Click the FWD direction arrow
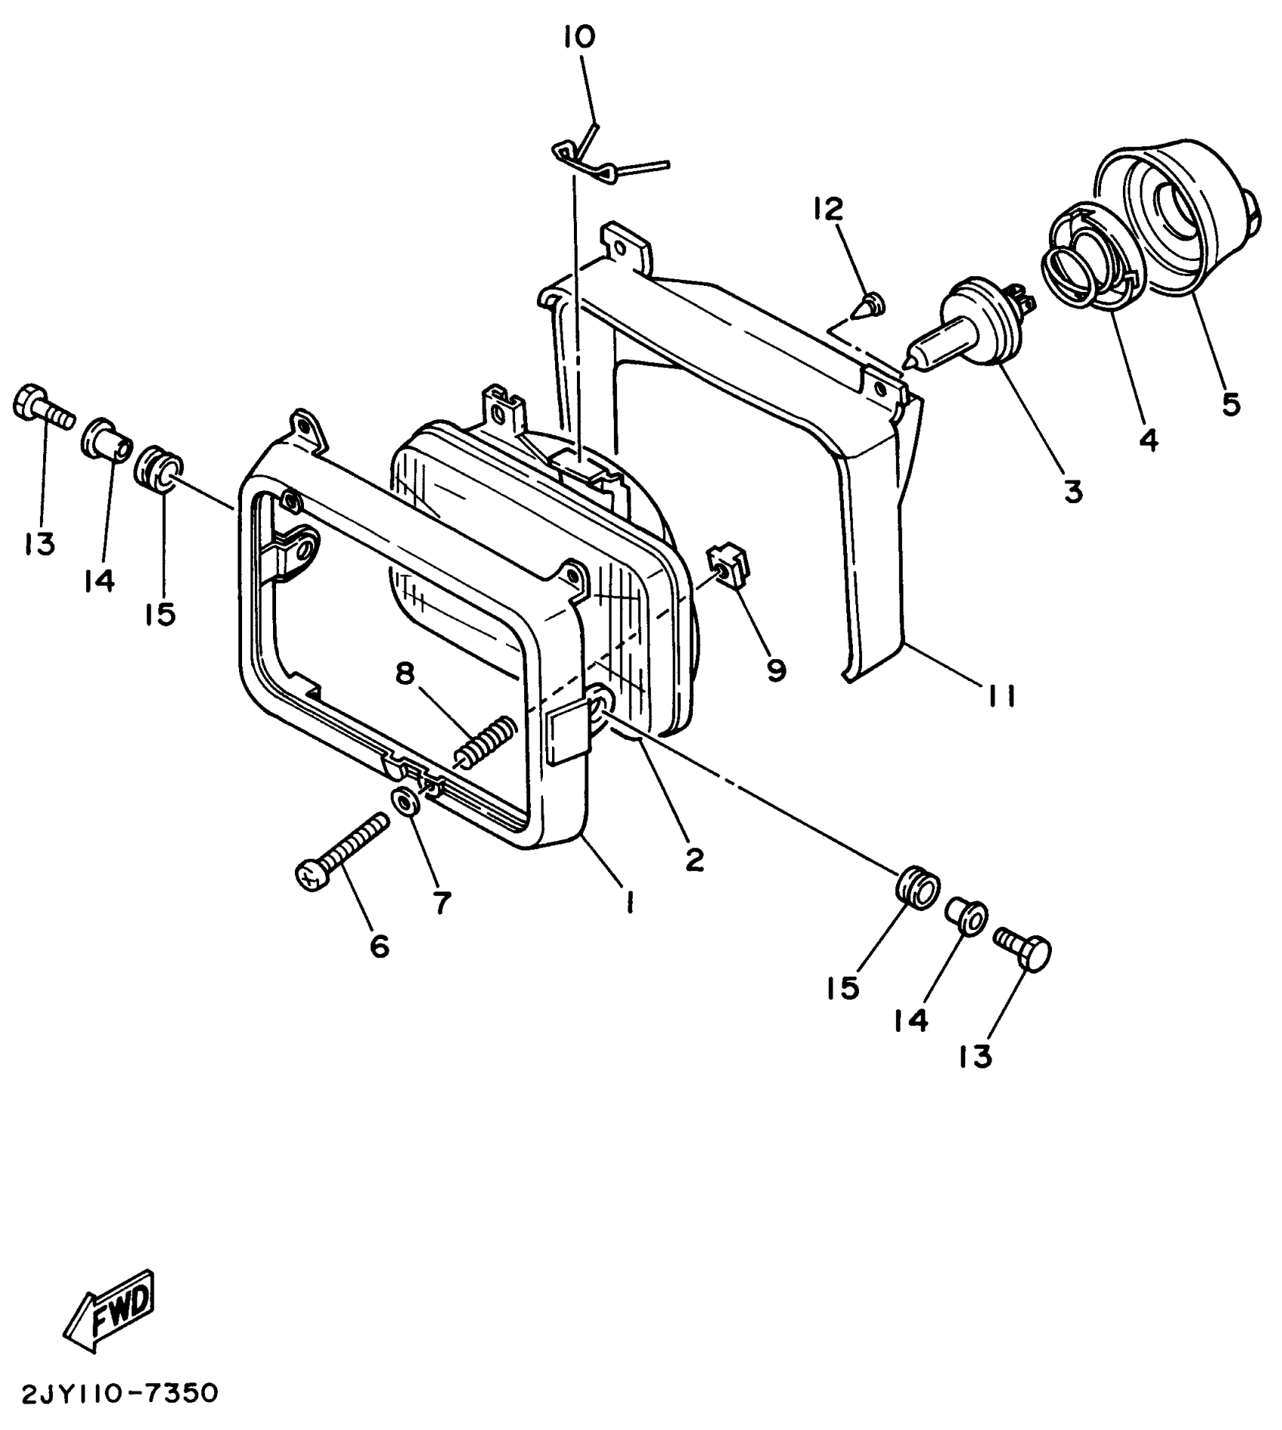click(111, 1310)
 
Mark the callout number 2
click(693, 859)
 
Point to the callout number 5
click(1230, 404)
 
